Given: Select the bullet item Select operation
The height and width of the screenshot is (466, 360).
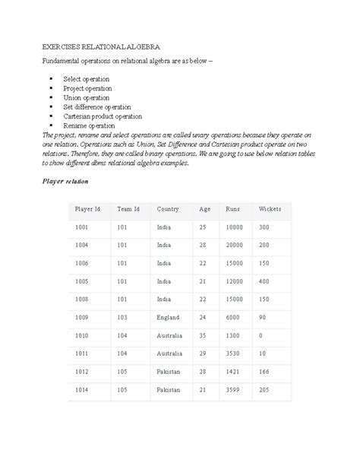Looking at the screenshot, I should point(86,79).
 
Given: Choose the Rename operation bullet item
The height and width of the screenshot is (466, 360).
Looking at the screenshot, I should point(88,125).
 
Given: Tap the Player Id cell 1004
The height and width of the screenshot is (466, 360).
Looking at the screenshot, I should point(82,245).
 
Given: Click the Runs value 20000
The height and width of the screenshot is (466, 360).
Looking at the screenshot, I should point(235,245).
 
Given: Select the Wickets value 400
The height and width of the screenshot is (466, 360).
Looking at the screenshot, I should point(264,281).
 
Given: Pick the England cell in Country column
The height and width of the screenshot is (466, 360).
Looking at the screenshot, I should point(168,317).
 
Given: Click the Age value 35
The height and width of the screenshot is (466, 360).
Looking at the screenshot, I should point(204,335).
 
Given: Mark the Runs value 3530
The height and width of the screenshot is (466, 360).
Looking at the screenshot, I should point(233,353).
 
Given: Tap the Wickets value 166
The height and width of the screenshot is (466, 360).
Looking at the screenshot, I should point(264,372).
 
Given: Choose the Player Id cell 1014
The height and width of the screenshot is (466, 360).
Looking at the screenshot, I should point(82,390).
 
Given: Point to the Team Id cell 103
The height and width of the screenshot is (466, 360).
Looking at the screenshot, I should point(122,317).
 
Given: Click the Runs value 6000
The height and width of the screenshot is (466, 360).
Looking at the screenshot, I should point(233,317).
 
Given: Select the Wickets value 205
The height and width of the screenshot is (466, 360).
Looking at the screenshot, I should point(264,390).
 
